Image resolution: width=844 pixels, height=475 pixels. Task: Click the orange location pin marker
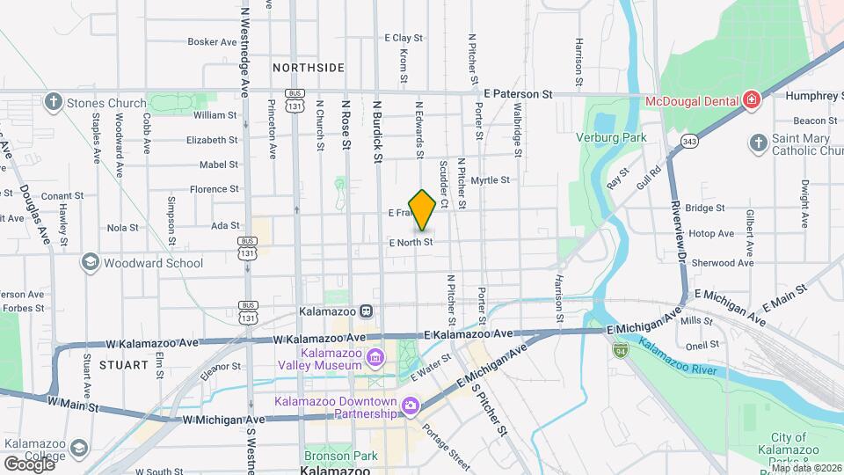pyautogui.click(x=422, y=209)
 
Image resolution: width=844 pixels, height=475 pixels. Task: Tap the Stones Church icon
pyautogui.click(x=54, y=103)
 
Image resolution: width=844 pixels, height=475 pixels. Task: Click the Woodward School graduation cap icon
pyautogui.click(x=90, y=262)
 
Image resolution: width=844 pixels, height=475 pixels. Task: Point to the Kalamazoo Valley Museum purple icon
pyautogui.click(x=375, y=357)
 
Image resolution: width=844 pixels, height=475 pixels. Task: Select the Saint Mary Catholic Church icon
pyautogui.click(x=758, y=142)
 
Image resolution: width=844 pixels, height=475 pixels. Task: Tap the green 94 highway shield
pyautogui.click(x=620, y=349)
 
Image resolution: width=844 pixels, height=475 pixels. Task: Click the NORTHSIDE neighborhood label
pyautogui.click(x=308, y=68)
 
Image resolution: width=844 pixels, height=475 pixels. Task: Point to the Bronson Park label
pyautogui.click(x=340, y=456)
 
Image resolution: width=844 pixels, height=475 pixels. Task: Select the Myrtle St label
pyautogui.click(x=490, y=180)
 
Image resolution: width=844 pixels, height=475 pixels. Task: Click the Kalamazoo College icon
pyautogui.click(x=77, y=449)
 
